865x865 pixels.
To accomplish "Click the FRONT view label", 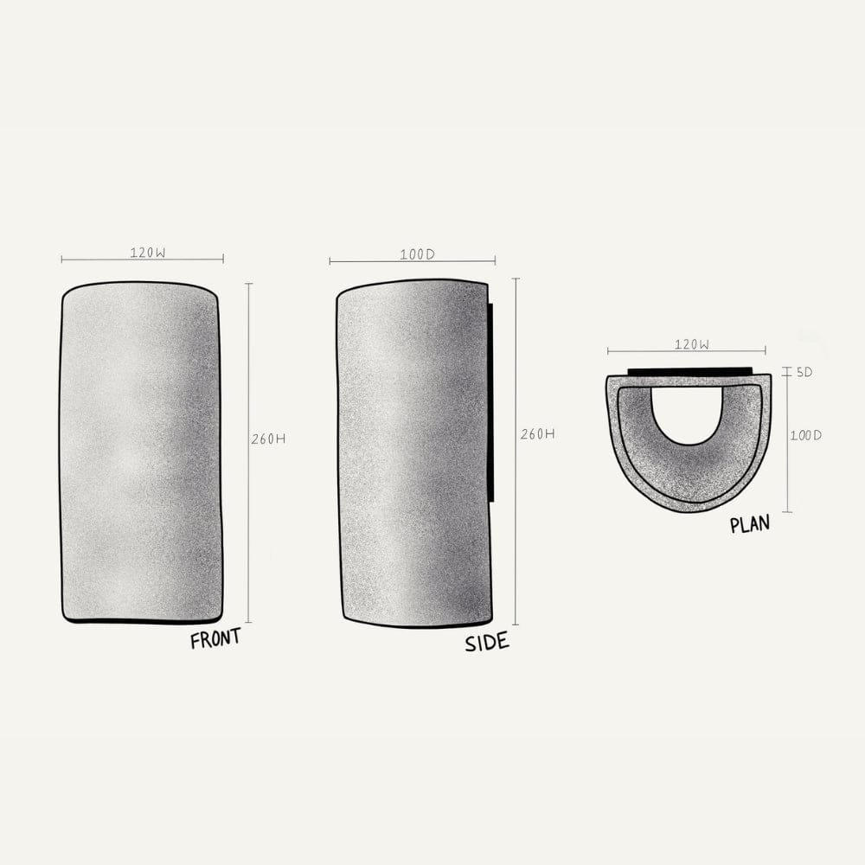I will coord(215,639).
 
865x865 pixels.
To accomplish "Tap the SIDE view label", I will coord(487,643).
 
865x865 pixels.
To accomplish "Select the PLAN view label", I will coord(749,524).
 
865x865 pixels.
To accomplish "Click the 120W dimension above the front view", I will coord(148,253).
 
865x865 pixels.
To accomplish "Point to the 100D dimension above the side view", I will coord(417,254).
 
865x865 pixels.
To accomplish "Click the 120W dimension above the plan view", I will coord(692,344).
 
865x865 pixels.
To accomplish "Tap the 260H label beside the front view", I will coord(268,439).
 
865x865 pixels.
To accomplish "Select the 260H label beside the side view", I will coord(537,434).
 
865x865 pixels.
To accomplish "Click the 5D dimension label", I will coord(804,372).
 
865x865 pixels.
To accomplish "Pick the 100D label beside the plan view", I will coord(806,435).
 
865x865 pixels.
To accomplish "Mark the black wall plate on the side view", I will coord(491,402).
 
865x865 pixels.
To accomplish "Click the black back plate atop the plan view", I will coord(689,371).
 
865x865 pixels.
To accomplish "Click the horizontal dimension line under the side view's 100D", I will coord(412,261).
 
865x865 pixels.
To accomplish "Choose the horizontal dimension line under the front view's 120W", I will coord(142,259).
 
